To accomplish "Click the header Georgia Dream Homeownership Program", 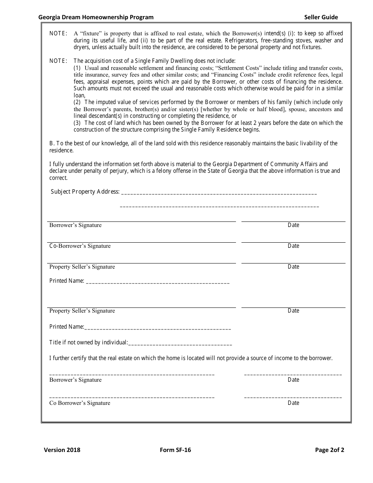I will pos(96,17).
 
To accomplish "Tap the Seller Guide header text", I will pos(321,17).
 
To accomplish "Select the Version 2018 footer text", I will pos(62,450).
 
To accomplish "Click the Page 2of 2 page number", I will pos(329,450).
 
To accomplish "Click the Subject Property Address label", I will pos(85,192).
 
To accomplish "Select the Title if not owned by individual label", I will pos(88,342).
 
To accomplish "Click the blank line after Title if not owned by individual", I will pos(180,344).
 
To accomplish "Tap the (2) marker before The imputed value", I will pos(78,102).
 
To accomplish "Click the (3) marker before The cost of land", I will pos(78,123).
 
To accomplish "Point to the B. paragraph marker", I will pos(52,143).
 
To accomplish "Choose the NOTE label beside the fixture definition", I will pos(58,33).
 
